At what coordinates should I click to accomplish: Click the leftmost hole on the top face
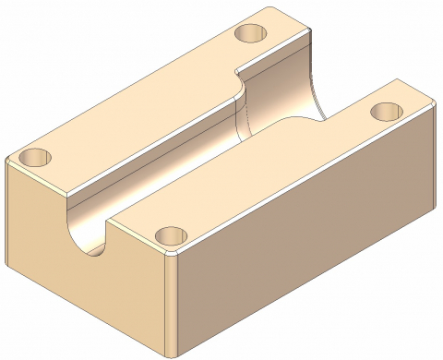click(x=34, y=156)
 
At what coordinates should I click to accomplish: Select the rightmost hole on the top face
click(x=385, y=112)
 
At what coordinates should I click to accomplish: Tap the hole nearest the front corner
click(x=169, y=237)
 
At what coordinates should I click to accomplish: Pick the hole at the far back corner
click(x=249, y=33)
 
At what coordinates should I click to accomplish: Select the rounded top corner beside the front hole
click(x=174, y=257)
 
